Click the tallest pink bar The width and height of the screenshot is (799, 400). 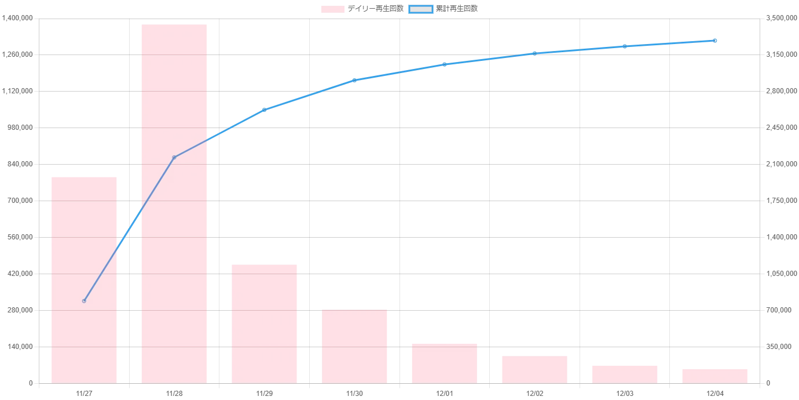174,203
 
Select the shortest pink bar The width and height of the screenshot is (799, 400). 716,375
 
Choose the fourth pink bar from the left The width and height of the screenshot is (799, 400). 354,346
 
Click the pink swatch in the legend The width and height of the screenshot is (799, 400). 333,9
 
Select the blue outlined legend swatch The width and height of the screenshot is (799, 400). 421,9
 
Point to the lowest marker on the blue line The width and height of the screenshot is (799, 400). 85,301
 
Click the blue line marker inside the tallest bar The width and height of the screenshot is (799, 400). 174,157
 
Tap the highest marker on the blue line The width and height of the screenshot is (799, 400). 716,41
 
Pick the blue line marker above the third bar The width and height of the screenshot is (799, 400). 265,109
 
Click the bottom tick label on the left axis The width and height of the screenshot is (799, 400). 31,384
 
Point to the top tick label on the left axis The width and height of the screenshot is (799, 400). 19,19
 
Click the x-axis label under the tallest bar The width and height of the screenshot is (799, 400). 174,394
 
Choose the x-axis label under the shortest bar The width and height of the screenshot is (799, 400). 716,394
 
